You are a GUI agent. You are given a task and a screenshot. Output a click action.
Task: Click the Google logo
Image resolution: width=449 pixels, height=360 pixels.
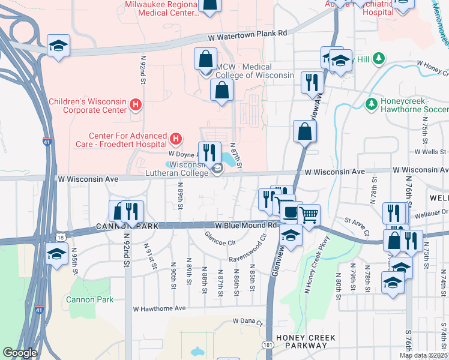click(20, 353)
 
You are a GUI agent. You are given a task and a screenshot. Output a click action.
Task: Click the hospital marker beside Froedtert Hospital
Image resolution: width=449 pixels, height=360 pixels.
click(175, 140)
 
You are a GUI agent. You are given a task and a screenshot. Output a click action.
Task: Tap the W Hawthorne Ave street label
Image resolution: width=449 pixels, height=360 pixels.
click(159, 308)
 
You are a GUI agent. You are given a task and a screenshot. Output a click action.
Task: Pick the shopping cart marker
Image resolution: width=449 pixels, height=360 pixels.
click(309, 214)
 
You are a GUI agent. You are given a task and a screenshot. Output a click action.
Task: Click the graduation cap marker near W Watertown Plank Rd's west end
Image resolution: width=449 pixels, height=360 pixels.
click(58, 46)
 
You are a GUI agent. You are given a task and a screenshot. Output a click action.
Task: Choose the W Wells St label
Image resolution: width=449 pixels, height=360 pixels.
click(427, 152)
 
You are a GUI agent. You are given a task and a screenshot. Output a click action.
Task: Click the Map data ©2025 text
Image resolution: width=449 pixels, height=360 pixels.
click(423, 355)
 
